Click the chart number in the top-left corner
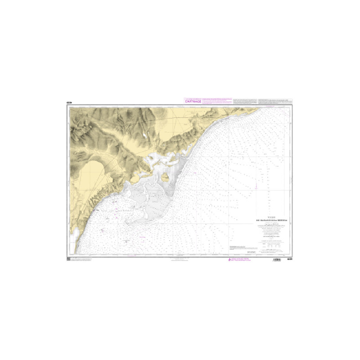coord(70,103)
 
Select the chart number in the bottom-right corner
coord(290,260)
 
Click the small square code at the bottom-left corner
coord(69,259)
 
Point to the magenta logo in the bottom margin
coord(226,261)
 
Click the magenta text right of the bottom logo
coord(238,261)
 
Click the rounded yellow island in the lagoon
coord(165,177)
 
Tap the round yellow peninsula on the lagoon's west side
coord(135,180)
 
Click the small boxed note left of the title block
coord(239,247)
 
